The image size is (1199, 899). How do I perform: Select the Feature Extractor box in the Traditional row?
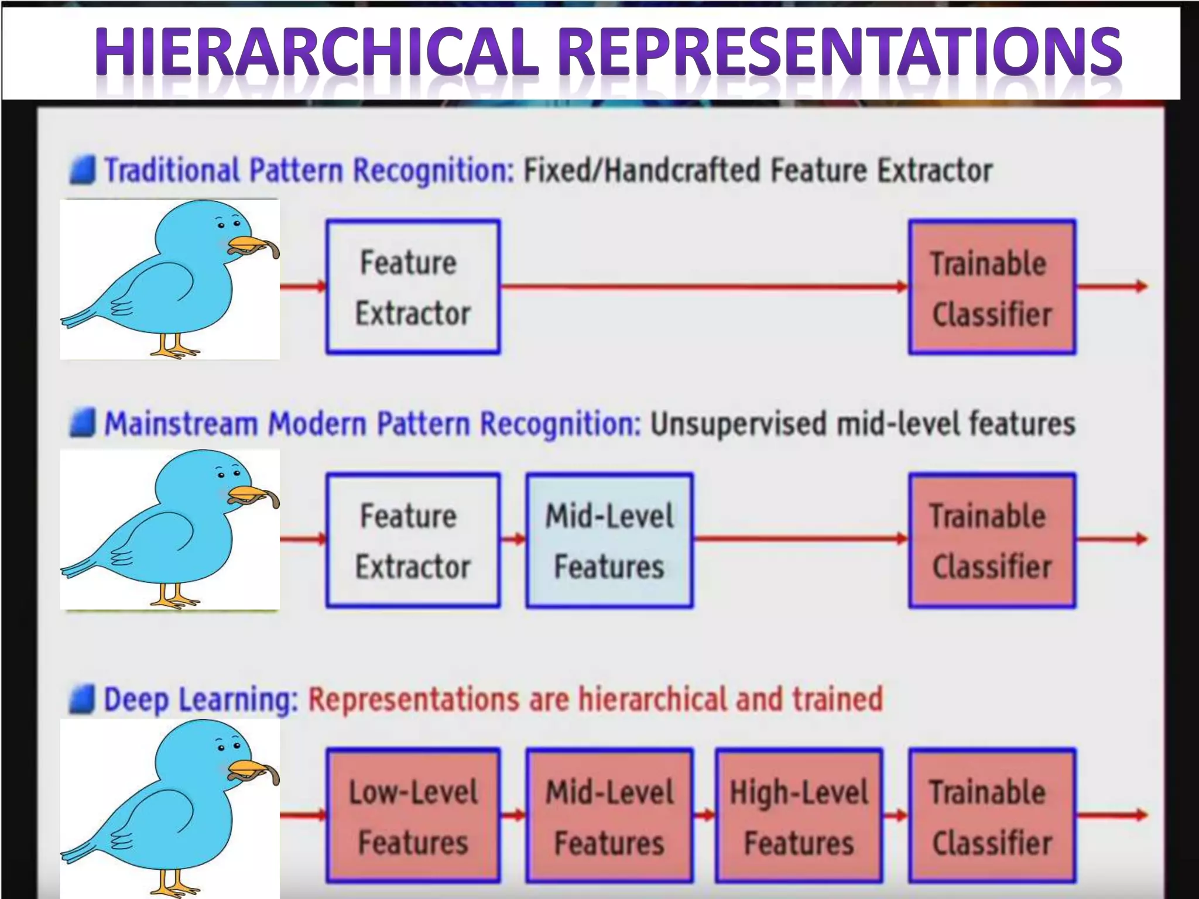(x=413, y=287)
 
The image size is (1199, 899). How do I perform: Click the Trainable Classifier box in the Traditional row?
(x=992, y=287)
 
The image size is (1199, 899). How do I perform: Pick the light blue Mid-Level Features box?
(x=609, y=540)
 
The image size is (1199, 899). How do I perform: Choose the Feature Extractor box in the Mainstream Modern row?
(x=413, y=540)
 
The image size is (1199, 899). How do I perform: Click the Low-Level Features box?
(x=413, y=815)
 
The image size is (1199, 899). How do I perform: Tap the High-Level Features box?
(x=799, y=815)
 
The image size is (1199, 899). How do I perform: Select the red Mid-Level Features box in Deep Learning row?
(x=609, y=815)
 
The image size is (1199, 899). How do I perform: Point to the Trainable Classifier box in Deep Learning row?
(x=992, y=815)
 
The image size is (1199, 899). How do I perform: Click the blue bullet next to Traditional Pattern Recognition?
(x=82, y=170)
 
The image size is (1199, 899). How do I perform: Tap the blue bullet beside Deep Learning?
(x=82, y=700)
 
